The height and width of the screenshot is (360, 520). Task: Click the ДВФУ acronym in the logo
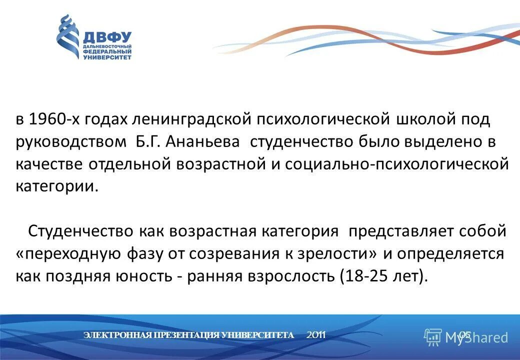106,37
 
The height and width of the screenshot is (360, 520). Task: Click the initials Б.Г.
148,141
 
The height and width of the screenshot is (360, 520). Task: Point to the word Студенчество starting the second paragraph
80,231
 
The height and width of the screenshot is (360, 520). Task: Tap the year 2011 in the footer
316,335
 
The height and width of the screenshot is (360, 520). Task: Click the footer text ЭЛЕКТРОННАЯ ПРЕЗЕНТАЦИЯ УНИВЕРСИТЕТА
188,335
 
